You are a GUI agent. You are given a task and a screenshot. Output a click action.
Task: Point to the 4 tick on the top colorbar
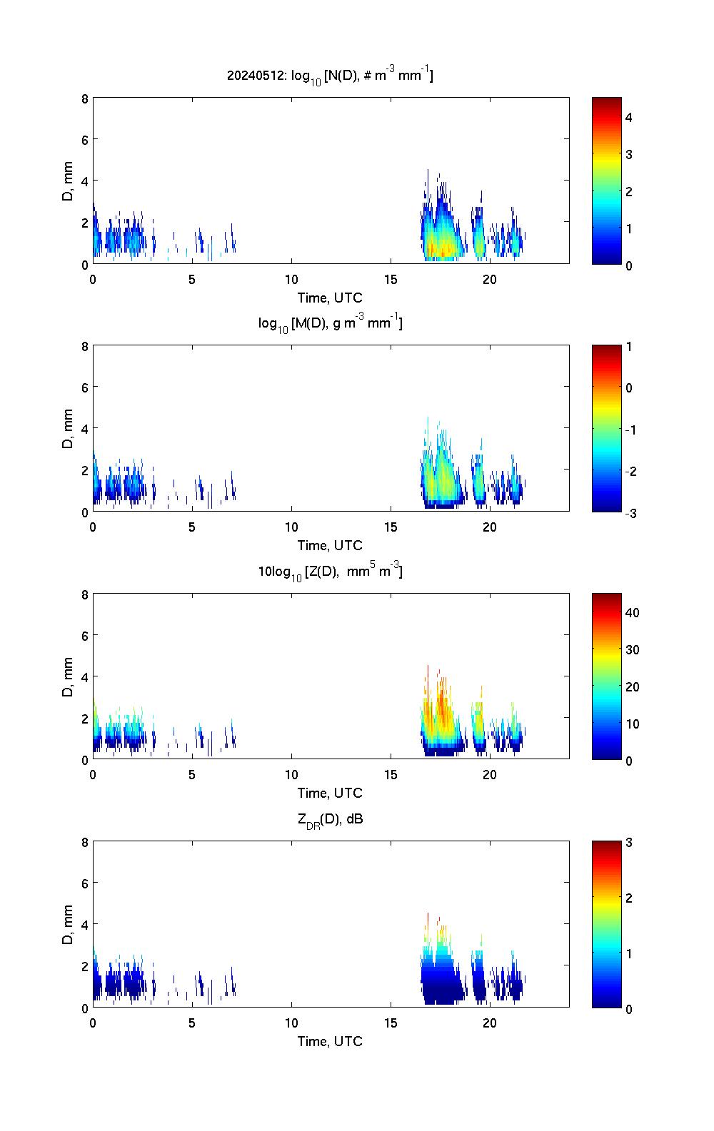(x=629, y=117)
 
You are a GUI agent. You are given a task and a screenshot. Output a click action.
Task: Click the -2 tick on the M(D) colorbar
(x=629, y=472)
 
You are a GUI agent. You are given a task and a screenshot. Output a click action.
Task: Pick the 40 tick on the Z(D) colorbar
(x=632, y=613)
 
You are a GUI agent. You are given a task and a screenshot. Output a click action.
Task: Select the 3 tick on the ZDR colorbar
(x=629, y=843)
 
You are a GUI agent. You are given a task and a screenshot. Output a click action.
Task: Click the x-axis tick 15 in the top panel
(x=391, y=279)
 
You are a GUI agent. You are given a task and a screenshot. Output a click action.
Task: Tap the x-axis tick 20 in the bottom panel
(x=490, y=1023)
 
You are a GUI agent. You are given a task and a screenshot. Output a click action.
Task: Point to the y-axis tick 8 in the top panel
(x=85, y=98)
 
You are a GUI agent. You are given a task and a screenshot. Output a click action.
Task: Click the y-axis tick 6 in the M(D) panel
(x=85, y=387)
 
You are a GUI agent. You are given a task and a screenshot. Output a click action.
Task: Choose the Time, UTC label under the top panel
(x=330, y=298)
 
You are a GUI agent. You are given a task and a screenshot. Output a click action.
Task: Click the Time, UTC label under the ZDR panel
(x=330, y=1041)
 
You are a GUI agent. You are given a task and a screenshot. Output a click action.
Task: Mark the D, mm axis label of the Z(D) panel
(x=69, y=676)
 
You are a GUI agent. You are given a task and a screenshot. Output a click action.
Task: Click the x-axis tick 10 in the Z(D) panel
(x=291, y=774)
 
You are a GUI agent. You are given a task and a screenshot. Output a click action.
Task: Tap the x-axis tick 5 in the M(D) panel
(x=192, y=527)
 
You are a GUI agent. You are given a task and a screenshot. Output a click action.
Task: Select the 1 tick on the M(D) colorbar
(x=629, y=347)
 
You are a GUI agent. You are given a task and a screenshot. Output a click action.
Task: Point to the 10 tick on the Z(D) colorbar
(x=632, y=724)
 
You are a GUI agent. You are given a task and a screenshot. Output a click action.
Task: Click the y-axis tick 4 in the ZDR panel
(x=85, y=925)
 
